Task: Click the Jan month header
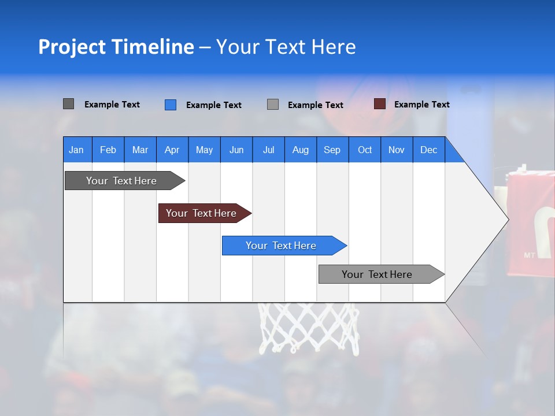(x=76, y=150)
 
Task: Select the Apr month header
(x=172, y=150)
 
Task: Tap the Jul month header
(x=268, y=150)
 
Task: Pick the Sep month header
(x=332, y=150)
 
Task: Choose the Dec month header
(x=428, y=150)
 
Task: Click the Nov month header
(x=396, y=150)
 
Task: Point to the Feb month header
(x=108, y=150)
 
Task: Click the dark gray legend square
(x=68, y=104)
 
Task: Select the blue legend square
(x=170, y=105)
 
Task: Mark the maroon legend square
(x=379, y=104)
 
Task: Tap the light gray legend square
(x=272, y=105)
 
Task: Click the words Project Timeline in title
(x=116, y=47)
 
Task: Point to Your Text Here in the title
(x=286, y=47)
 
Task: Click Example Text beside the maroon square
(x=421, y=105)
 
